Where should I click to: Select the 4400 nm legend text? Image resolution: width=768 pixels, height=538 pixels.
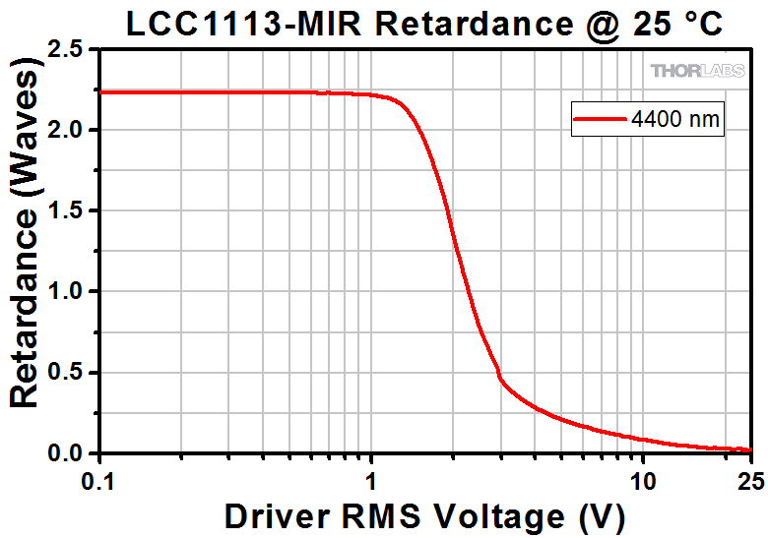tap(677, 120)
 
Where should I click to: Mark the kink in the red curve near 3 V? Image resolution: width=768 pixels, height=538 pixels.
tap(500, 378)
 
